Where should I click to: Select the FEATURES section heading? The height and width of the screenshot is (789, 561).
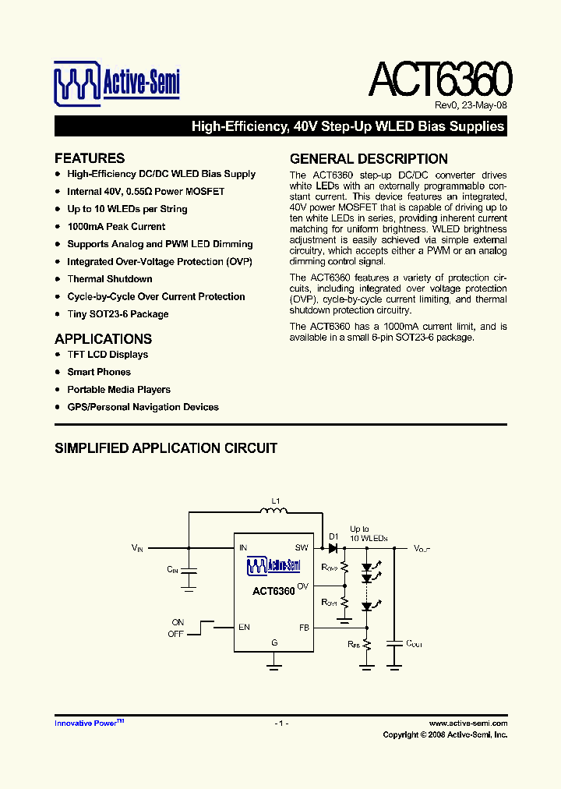point(90,158)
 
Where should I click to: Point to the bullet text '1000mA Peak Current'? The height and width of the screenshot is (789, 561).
point(116,227)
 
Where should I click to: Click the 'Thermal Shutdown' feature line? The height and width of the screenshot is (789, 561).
point(110,279)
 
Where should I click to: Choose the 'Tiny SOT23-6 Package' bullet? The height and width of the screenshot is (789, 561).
point(118,314)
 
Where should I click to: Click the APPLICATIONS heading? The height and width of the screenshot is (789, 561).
point(103,339)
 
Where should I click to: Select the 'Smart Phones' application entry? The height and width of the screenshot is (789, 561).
point(99,372)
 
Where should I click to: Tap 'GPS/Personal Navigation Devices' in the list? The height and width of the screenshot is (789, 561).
point(143,407)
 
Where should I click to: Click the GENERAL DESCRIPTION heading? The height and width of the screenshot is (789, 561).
point(369,158)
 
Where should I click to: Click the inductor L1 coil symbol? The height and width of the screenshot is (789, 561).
point(274,511)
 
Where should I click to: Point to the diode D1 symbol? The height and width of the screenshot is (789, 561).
point(333,548)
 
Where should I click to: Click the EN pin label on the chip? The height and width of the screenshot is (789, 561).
point(245,627)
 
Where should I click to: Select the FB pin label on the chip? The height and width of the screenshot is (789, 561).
point(304,627)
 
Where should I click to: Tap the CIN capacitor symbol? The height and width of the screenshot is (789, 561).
point(189,571)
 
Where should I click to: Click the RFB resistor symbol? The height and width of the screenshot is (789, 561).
point(367,645)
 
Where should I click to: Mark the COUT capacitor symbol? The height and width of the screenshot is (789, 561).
point(395,644)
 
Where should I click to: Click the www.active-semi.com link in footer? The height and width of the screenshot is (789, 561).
point(467,724)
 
